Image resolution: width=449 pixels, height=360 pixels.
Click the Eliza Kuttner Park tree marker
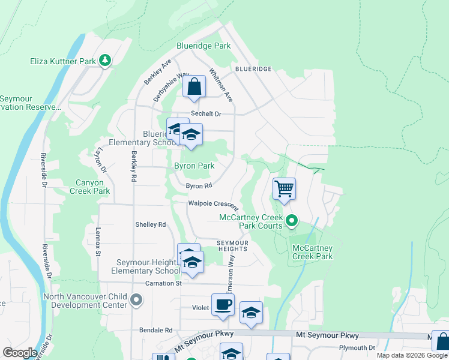pyautogui.click(x=105, y=60)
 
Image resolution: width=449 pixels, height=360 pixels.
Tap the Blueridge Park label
pyautogui.click(x=203, y=46)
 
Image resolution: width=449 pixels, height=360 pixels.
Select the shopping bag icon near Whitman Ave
pyautogui.click(x=194, y=87)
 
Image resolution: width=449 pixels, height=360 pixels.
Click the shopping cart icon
pyautogui.click(x=284, y=188)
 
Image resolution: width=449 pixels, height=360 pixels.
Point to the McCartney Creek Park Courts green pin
pyautogui.click(x=292, y=221)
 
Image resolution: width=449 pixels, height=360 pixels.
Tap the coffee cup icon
pyautogui.click(x=223, y=304)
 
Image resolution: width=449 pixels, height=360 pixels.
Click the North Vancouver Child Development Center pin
pyautogui.click(x=136, y=300)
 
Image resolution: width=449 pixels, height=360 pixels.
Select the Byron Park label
pyautogui.click(x=194, y=166)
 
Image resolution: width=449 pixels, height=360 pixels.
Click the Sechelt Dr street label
pyautogui.click(x=206, y=114)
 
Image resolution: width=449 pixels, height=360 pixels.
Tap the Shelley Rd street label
pyautogui.click(x=150, y=224)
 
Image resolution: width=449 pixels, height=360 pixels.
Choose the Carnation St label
pyautogui.click(x=163, y=283)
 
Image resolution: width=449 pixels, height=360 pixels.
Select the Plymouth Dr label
pyautogui.click(x=356, y=347)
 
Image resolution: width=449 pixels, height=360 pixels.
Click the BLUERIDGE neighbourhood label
pyautogui.click(x=253, y=70)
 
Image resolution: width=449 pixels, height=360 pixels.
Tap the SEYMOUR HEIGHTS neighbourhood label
pyautogui.click(x=232, y=245)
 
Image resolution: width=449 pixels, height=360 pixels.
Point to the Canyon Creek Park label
pyautogui.click(x=93, y=187)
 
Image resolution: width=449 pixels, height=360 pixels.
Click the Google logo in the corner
pyautogui.click(x=20, y=353)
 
